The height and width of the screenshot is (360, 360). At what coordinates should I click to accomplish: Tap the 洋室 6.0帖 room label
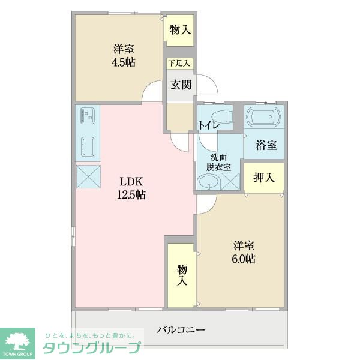click(x=244, y=253)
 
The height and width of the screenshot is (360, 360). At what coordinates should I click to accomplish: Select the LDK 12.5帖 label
click(x=131, y=188)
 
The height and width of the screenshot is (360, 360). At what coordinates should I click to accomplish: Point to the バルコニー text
click(x=181, y=329)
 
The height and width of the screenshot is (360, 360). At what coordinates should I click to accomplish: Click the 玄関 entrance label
click(x=181, y=85)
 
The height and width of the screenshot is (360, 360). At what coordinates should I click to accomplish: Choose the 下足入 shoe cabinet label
click(x=179, y=62)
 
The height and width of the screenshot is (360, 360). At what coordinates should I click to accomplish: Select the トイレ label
click(x=208, y=125)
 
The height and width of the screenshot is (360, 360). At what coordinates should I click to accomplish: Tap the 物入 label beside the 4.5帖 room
click(x=180, y=30)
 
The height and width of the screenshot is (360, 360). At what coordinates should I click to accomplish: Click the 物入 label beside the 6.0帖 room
click(x=182, y=275)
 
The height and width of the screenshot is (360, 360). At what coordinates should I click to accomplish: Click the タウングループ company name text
click(x=91, y=347)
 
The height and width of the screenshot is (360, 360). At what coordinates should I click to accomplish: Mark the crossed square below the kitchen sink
click(x=88, y=176)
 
